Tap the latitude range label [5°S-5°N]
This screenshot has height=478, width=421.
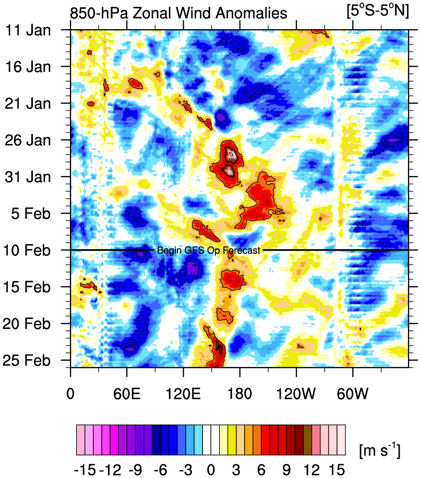click(x=378, y=11)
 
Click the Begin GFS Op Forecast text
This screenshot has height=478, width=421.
click(x=208, y=250)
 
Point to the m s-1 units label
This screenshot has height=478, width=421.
click(x=380, y=449)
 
